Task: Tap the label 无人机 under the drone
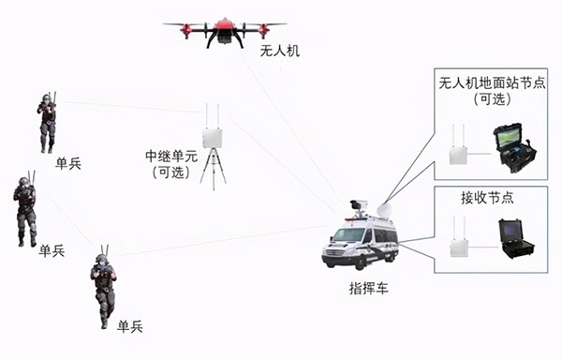[x=279, y=51]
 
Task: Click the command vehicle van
[x=361, y=239]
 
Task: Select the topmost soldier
[x=46, y=123]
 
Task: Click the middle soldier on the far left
[x=24, y=208]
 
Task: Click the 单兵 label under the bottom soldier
[x=130, y=326]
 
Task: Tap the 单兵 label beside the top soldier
[x=67, y=164]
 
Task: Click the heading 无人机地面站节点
[x=492, y=83]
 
